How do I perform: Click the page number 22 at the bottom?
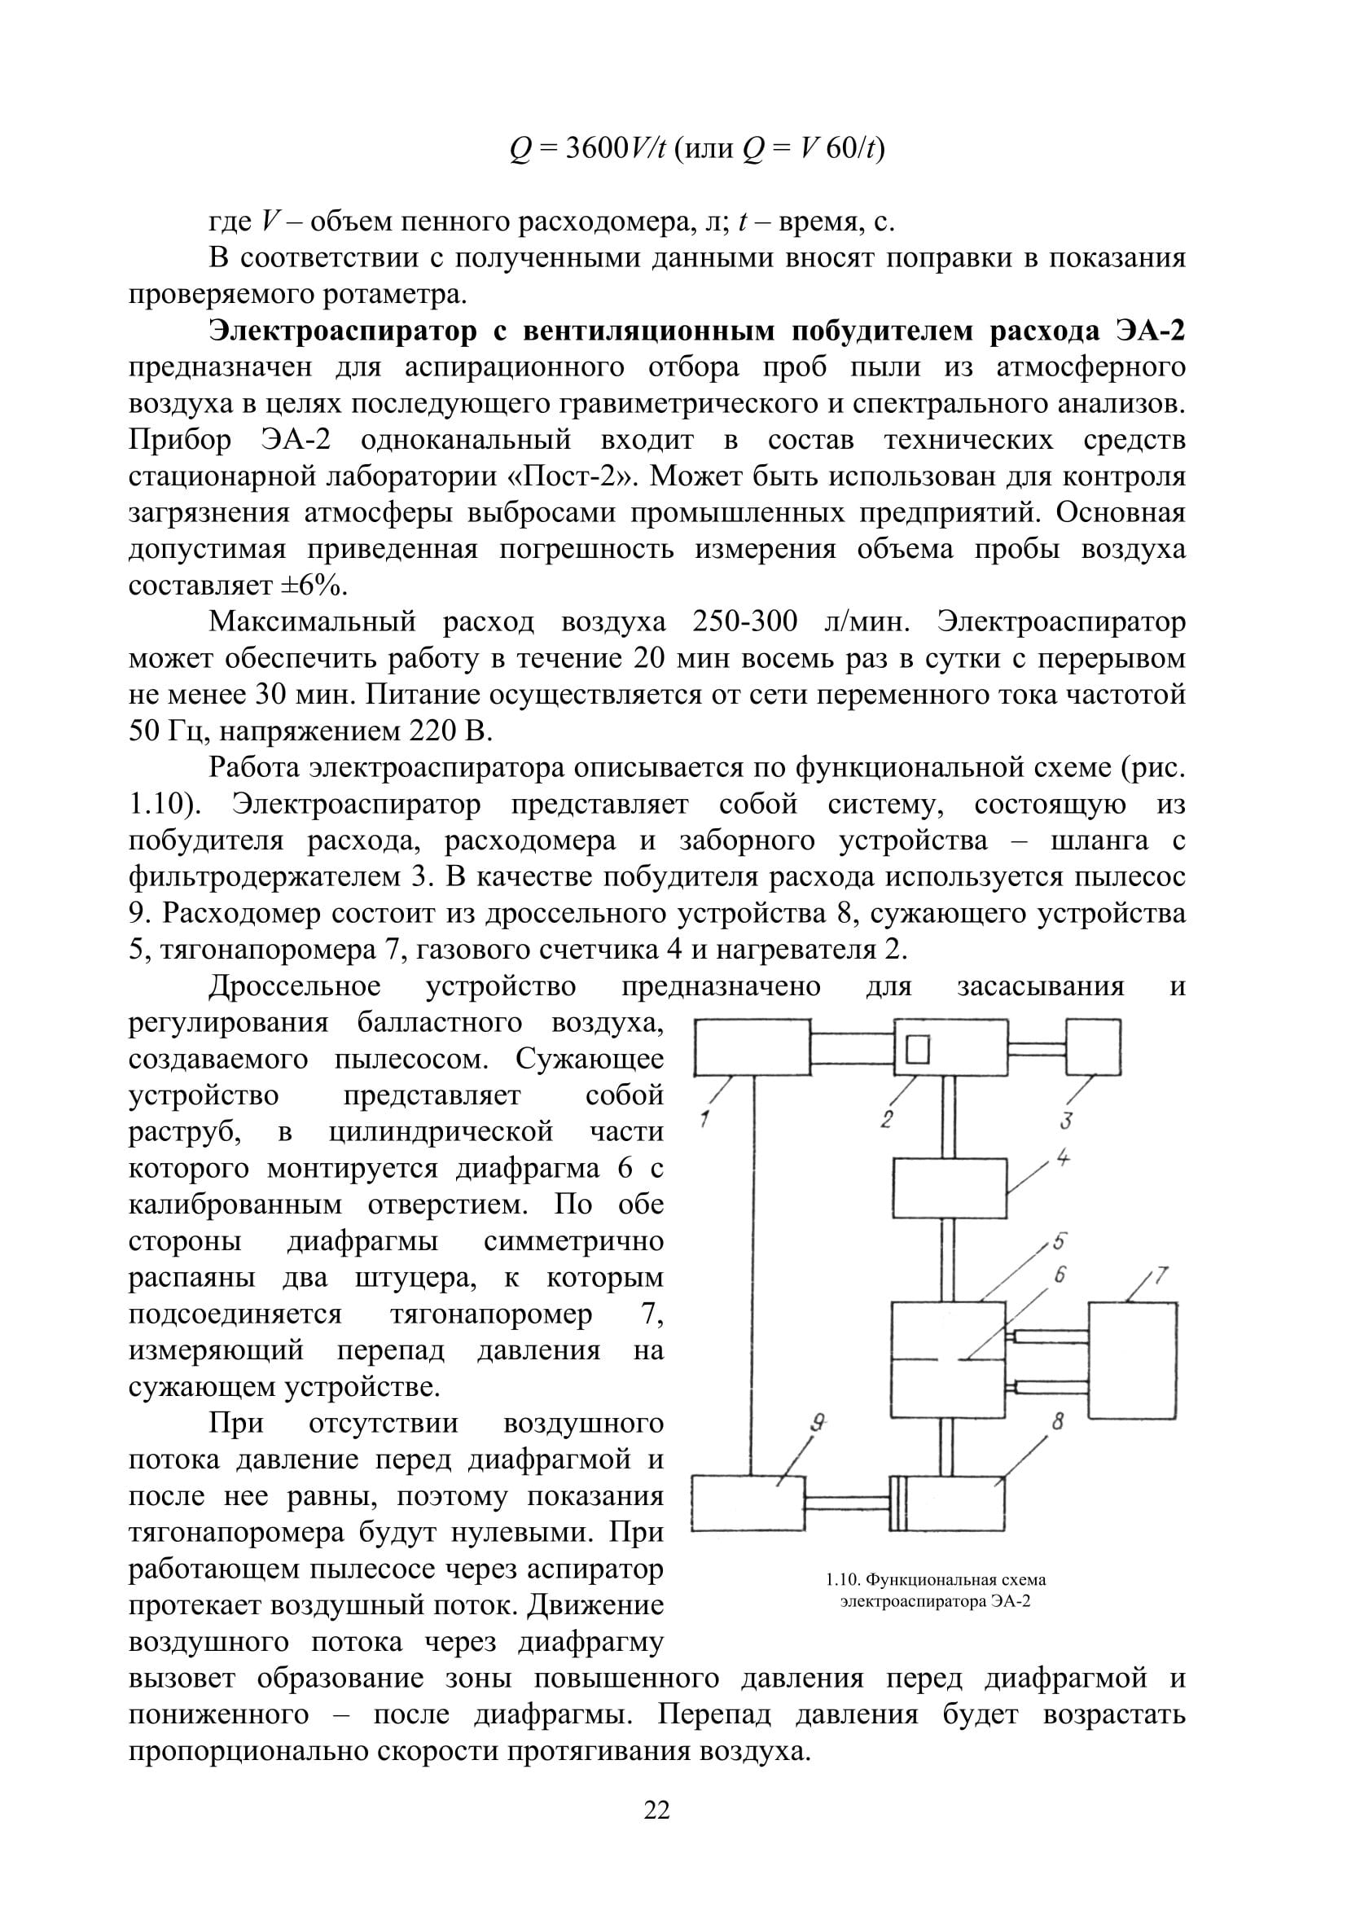click(x=656, y=1810)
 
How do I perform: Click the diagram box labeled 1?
click(x=752, y=1048)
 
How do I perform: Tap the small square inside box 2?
click(x=917, y=1050)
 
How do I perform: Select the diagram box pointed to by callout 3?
click(x=1093, y=1047)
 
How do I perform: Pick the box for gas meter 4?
click(x=949, y=1188)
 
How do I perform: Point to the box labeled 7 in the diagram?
click(x=1132, y=1360)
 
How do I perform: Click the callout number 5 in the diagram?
click(x=1060, y=1241)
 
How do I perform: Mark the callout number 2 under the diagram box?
click(x=887, y=1119)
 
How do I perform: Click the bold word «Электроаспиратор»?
click(x=343, y=331)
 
